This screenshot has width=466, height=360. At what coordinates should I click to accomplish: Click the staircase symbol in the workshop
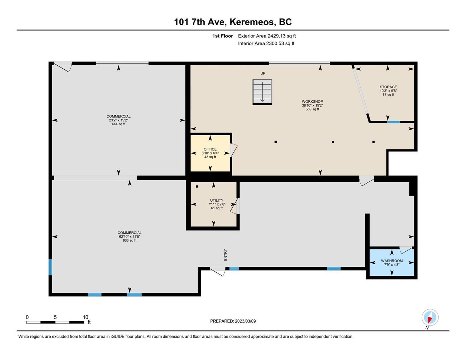[x=262, y=92]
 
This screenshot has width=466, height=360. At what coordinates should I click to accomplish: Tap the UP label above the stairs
[x=263, y=73]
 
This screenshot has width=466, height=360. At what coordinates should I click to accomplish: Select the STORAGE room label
[x=388, y=87]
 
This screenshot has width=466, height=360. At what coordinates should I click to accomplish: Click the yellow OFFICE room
[x=210, y=153]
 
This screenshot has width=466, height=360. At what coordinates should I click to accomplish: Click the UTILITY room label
[x=217, y=200]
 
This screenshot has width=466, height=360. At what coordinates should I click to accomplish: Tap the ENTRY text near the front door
[x=225, y=255]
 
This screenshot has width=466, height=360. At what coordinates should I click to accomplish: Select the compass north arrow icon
[x=430, y=317]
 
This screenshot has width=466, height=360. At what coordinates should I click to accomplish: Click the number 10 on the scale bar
[x=85, y=317]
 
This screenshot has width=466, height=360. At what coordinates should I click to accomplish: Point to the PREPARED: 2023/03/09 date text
[x=233, y=321]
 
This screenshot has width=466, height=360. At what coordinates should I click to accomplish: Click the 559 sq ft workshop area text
[x=312, y=109]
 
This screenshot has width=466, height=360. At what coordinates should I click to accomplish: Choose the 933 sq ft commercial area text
[x=129, y=240]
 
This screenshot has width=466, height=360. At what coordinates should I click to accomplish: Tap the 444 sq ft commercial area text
[x=119, y=124]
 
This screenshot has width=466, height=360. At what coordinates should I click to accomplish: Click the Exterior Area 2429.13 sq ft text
[x=267, y=36]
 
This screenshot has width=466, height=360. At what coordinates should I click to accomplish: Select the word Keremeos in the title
[x=253, y=22]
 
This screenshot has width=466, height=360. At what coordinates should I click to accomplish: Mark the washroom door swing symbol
[x=406, y=250]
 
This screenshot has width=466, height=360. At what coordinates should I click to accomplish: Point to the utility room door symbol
[x=235, y=206]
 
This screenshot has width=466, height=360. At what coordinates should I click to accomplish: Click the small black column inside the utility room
[x=197, y=187]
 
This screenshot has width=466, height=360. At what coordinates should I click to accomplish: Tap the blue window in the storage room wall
[x=393, y=122]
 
